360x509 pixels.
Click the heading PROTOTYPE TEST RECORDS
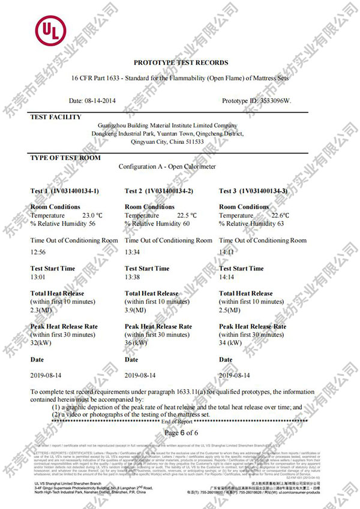click(x=181, y=62)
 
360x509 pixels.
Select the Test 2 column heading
click(x=159, y=191)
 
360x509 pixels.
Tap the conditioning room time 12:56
click(x=38, y=252)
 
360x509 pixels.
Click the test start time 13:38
click(x=133, y=278)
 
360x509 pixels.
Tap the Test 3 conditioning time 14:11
click(x=227, y=252)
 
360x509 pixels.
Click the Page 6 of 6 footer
click(x=181, y=432)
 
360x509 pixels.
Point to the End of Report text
click(x=180, y=422)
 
